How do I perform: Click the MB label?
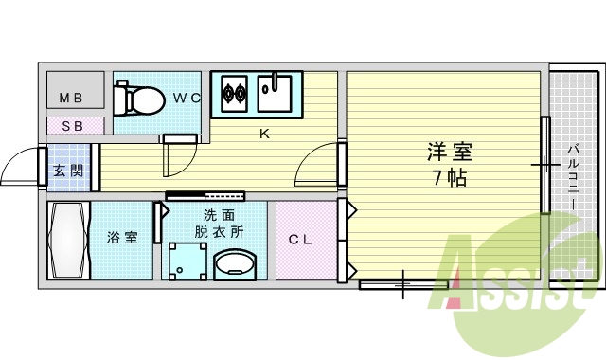click(71, 98)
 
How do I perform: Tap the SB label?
click(71, 125)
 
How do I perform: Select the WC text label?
click(186, 97)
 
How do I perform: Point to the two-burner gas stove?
click(234, 93)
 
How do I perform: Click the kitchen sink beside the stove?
click(279, 92)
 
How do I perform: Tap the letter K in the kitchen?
click(265, 133)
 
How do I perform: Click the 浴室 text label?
click(122, 237)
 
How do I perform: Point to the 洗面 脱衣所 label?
click(220, 223)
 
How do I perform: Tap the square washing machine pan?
click(187, 261)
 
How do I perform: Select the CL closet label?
click(300, 240)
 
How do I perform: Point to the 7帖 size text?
click(449, 177)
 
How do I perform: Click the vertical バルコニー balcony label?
click(575, 176)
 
